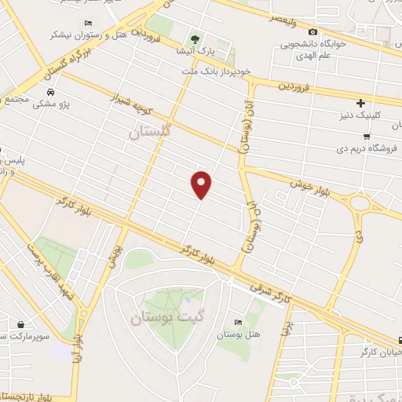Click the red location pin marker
click(x=202, y=184)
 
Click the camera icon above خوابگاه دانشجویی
click(x=312, y=32)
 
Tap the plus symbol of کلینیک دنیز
click(x=360, y=103)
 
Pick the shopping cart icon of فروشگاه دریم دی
click(x=366, y=135)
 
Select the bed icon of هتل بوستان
click(x=238, y=322)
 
